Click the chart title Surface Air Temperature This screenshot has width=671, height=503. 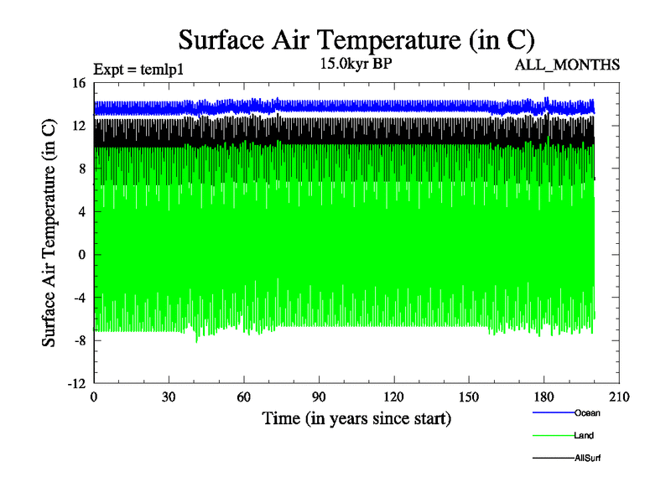(x=356, y=40)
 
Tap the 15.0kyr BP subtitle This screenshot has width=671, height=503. (x=356, y=63)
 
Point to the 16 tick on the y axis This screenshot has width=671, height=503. (x=79, y=83)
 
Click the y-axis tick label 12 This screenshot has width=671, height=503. (x=79, y=126)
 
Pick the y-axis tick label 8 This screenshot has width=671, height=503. (x=82, y=169)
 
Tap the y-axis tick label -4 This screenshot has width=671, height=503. (x=79, y=297)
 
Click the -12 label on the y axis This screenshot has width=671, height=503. (x=76, y=383)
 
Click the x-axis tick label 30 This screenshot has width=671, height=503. (x=169, y=397)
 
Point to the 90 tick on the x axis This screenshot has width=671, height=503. (x=319, y=397)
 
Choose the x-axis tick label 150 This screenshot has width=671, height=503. (x=469, y=397)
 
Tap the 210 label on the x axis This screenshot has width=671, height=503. (x=619, y=397)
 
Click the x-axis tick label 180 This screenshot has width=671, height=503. (x=544, y=397)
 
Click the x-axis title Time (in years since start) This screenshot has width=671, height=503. (x=356, y=418)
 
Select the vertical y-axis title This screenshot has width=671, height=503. (x=50, y=233)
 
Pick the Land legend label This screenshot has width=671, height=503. (x=585, y=435)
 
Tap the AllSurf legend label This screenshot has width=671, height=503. (x=588, y=458)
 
